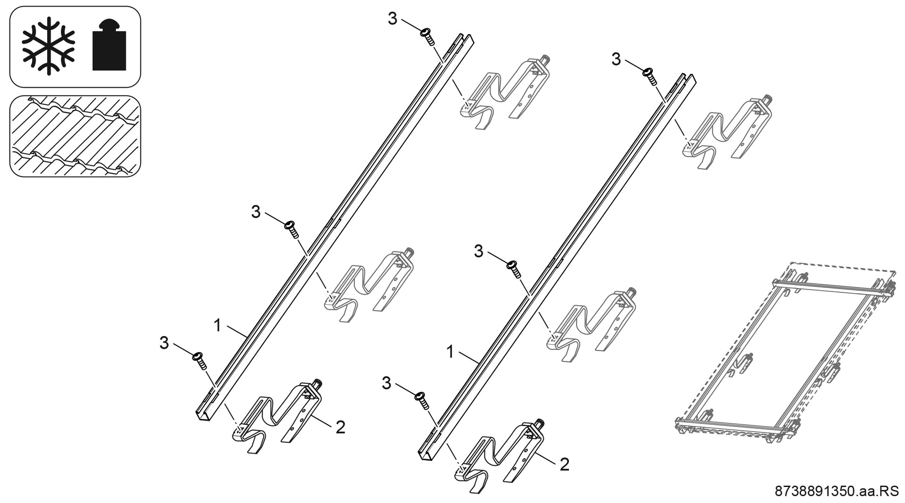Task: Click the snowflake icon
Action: pyautogui.click(x=49, y=46)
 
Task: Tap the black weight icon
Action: pyautogui.click(x=109, y=46)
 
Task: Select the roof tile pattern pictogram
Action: pyautogui.click(x=75, y=136)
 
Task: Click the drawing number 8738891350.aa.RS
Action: pyautogui.click(x=837, y=491)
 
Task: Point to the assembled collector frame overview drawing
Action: pyautogui.click(x=785, y=356)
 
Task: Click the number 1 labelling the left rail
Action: pyautogui.click(x=217, y=325)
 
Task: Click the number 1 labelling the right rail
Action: pyautogui.click(x=450, y=352)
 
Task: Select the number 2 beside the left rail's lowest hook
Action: pyautogui.click(x=340, y=428)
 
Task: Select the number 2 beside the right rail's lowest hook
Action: pyautogui.click(x=564, y=464)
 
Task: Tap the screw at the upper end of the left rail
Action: pyautogui.click(x=428, y=36)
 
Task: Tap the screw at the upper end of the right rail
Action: pyautogui.click(x=650, y=76)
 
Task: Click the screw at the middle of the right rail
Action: pyautogui.click(x=514, y=269)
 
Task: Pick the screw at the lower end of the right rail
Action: pyautogui.click(x=422, y=401)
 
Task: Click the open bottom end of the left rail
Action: pyautogui.click(x=203, y=416)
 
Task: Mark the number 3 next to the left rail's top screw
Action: pyautogui.click(x=393, y=19)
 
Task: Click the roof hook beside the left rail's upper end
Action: pyautogui.click(x=504, y=92)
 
